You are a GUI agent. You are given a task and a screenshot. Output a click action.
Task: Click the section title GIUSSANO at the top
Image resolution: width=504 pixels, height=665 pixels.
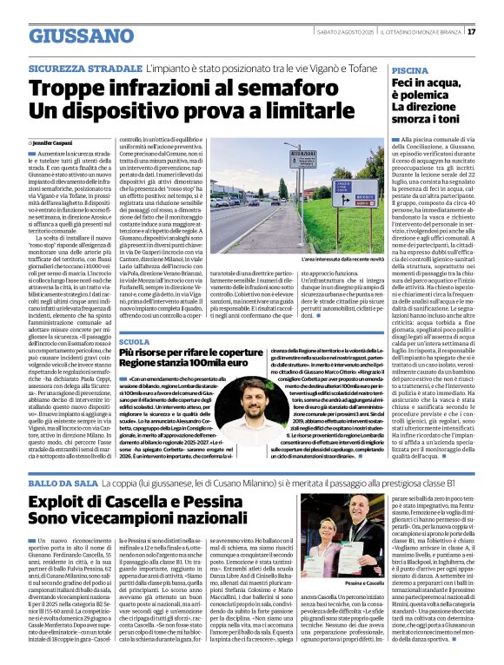click(79, 36)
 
